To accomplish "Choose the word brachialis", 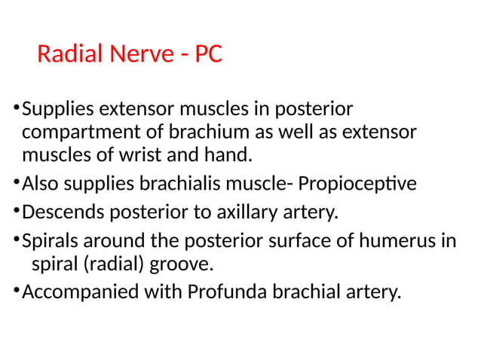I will (168, 184).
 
